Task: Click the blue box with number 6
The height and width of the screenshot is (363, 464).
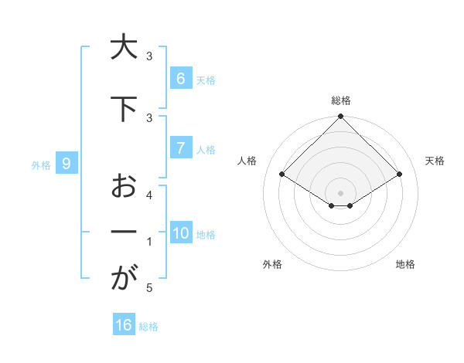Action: click(x=180, y=78)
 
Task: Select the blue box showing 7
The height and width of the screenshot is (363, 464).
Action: click(x=180, y=148)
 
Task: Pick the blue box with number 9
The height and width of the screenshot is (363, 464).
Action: click(x=67, y=163)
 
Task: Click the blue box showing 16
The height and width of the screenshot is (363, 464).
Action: click(x=124, y=325)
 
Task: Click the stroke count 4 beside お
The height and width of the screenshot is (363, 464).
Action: click(x=149, y=195)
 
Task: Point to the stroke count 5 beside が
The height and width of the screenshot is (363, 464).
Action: click(x=149, y=288)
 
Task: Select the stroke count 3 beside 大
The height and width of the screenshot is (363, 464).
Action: click(x=149, y=56)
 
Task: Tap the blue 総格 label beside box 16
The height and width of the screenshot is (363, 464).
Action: click(x=148, y=327)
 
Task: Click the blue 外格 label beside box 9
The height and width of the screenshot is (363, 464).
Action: click(x=40, y=165)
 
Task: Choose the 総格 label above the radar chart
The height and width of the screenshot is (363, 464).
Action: click(x=340, y=100)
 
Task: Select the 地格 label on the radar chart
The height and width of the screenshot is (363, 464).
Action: click(x=405, y=264)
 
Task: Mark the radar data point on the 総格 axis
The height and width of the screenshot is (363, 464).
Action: click(x=340, y=117)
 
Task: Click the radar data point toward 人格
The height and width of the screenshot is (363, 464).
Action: click(x=282, y=175)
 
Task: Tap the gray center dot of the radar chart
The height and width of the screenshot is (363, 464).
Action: click(x=340, y=192)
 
